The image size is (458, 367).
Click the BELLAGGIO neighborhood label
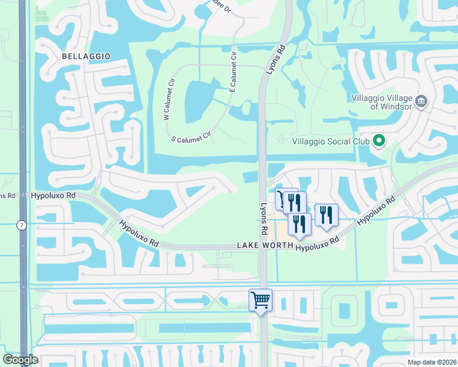pos(86,56)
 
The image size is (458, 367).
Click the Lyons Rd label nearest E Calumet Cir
pos(276,60)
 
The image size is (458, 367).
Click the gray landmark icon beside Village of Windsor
pos(421,101)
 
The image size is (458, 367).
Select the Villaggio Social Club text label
pos(331,141)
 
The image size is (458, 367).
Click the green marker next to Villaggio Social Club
pos(379,141)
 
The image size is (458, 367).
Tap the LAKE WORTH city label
pos(264,245)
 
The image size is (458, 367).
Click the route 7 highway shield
pos(22,226)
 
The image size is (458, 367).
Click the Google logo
pos(20,360)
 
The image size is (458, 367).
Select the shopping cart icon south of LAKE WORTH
pos(260,300)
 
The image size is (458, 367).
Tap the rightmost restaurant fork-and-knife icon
pos(326,215)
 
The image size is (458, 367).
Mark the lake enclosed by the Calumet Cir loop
pos(198,100)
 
